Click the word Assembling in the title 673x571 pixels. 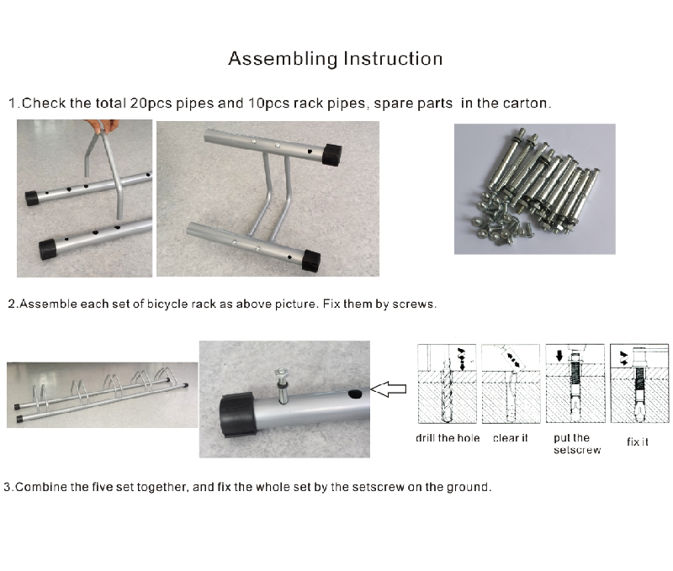(x=283, y=59)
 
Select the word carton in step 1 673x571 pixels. (x=525, y=103)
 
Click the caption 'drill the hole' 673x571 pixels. (x=448, y=438)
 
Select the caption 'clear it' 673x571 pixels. (x=511, y=438)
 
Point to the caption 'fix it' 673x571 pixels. (x=638, y=441)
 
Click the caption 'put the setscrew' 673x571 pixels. (x=577, y=444)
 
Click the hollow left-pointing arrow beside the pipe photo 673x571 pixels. (x=388, y=389)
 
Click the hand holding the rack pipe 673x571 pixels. (x=102, y=125)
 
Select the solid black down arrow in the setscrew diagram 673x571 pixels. (x=559, y=355)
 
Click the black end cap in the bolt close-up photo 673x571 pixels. (x=237, y=415)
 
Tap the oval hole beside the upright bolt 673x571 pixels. (x=355, y=394)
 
